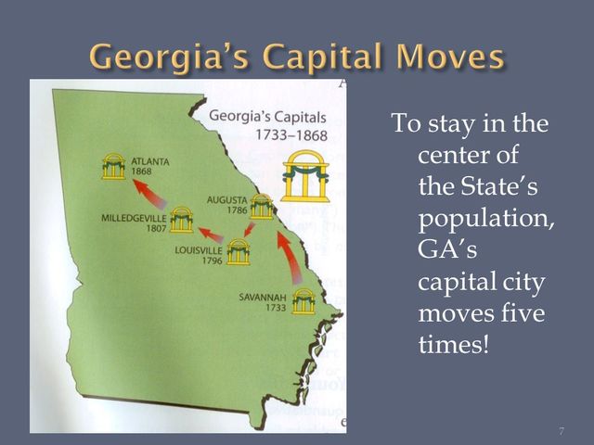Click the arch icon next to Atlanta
click(x=114, y=168)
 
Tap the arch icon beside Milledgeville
click(x=182, y=220)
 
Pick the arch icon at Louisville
click(x=239, y=251)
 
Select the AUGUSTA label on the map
click(x=227, y=199)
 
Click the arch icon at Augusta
click(x=262, y=206)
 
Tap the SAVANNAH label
click(x=261, y=298)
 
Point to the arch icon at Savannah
click(x=303, y=301)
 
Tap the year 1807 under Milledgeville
click(x=156, y=228)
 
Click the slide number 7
click(x=562, y=432)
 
